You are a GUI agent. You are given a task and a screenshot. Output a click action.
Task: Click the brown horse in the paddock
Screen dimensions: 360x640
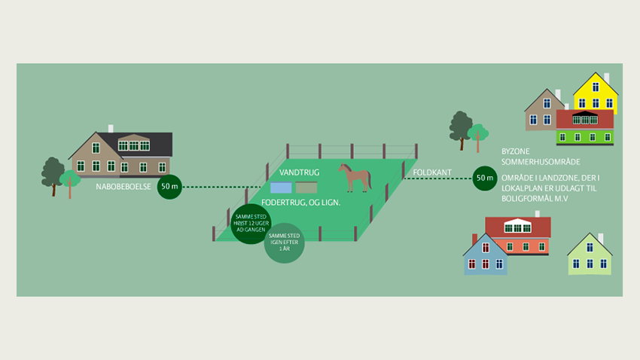pyautogui.click(x=355, y=178)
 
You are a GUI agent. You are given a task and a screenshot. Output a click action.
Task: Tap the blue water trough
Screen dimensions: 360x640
pyautogui.click(x=281, y=188)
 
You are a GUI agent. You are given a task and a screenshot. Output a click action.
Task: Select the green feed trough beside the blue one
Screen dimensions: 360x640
pyautogui.click(x=306, y=188)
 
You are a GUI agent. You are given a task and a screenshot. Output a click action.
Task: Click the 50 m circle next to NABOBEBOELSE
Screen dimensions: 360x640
pyautogui.click(x=169, y=186)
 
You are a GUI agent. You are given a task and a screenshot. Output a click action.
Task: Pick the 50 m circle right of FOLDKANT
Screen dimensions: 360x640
pyautogui.click(x=483, y=178)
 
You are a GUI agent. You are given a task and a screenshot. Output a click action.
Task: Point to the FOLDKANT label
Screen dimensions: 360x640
pyautogui.click(x=432, y=172)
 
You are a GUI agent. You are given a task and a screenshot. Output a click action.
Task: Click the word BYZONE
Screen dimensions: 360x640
pyautogui.click(x=516, y=151)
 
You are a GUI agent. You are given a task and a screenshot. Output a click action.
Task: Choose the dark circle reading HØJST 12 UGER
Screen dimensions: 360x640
pyautogui.click(x=250, y=224)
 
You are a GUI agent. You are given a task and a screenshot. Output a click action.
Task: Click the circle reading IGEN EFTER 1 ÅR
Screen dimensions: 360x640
pyautogui.click(x=284, y=243)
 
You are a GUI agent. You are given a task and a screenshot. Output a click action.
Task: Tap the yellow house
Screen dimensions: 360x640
pyautogui.click(x=596, y=93)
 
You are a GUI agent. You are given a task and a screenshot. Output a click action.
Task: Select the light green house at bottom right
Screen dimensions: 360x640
pyautogui.click(x=589, y=256)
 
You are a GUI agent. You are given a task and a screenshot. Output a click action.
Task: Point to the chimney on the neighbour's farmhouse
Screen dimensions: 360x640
pyautogui.click(x=111, y=129)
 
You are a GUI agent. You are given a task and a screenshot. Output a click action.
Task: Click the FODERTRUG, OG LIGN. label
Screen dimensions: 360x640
pyautogui.click(x=300, y=203)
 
